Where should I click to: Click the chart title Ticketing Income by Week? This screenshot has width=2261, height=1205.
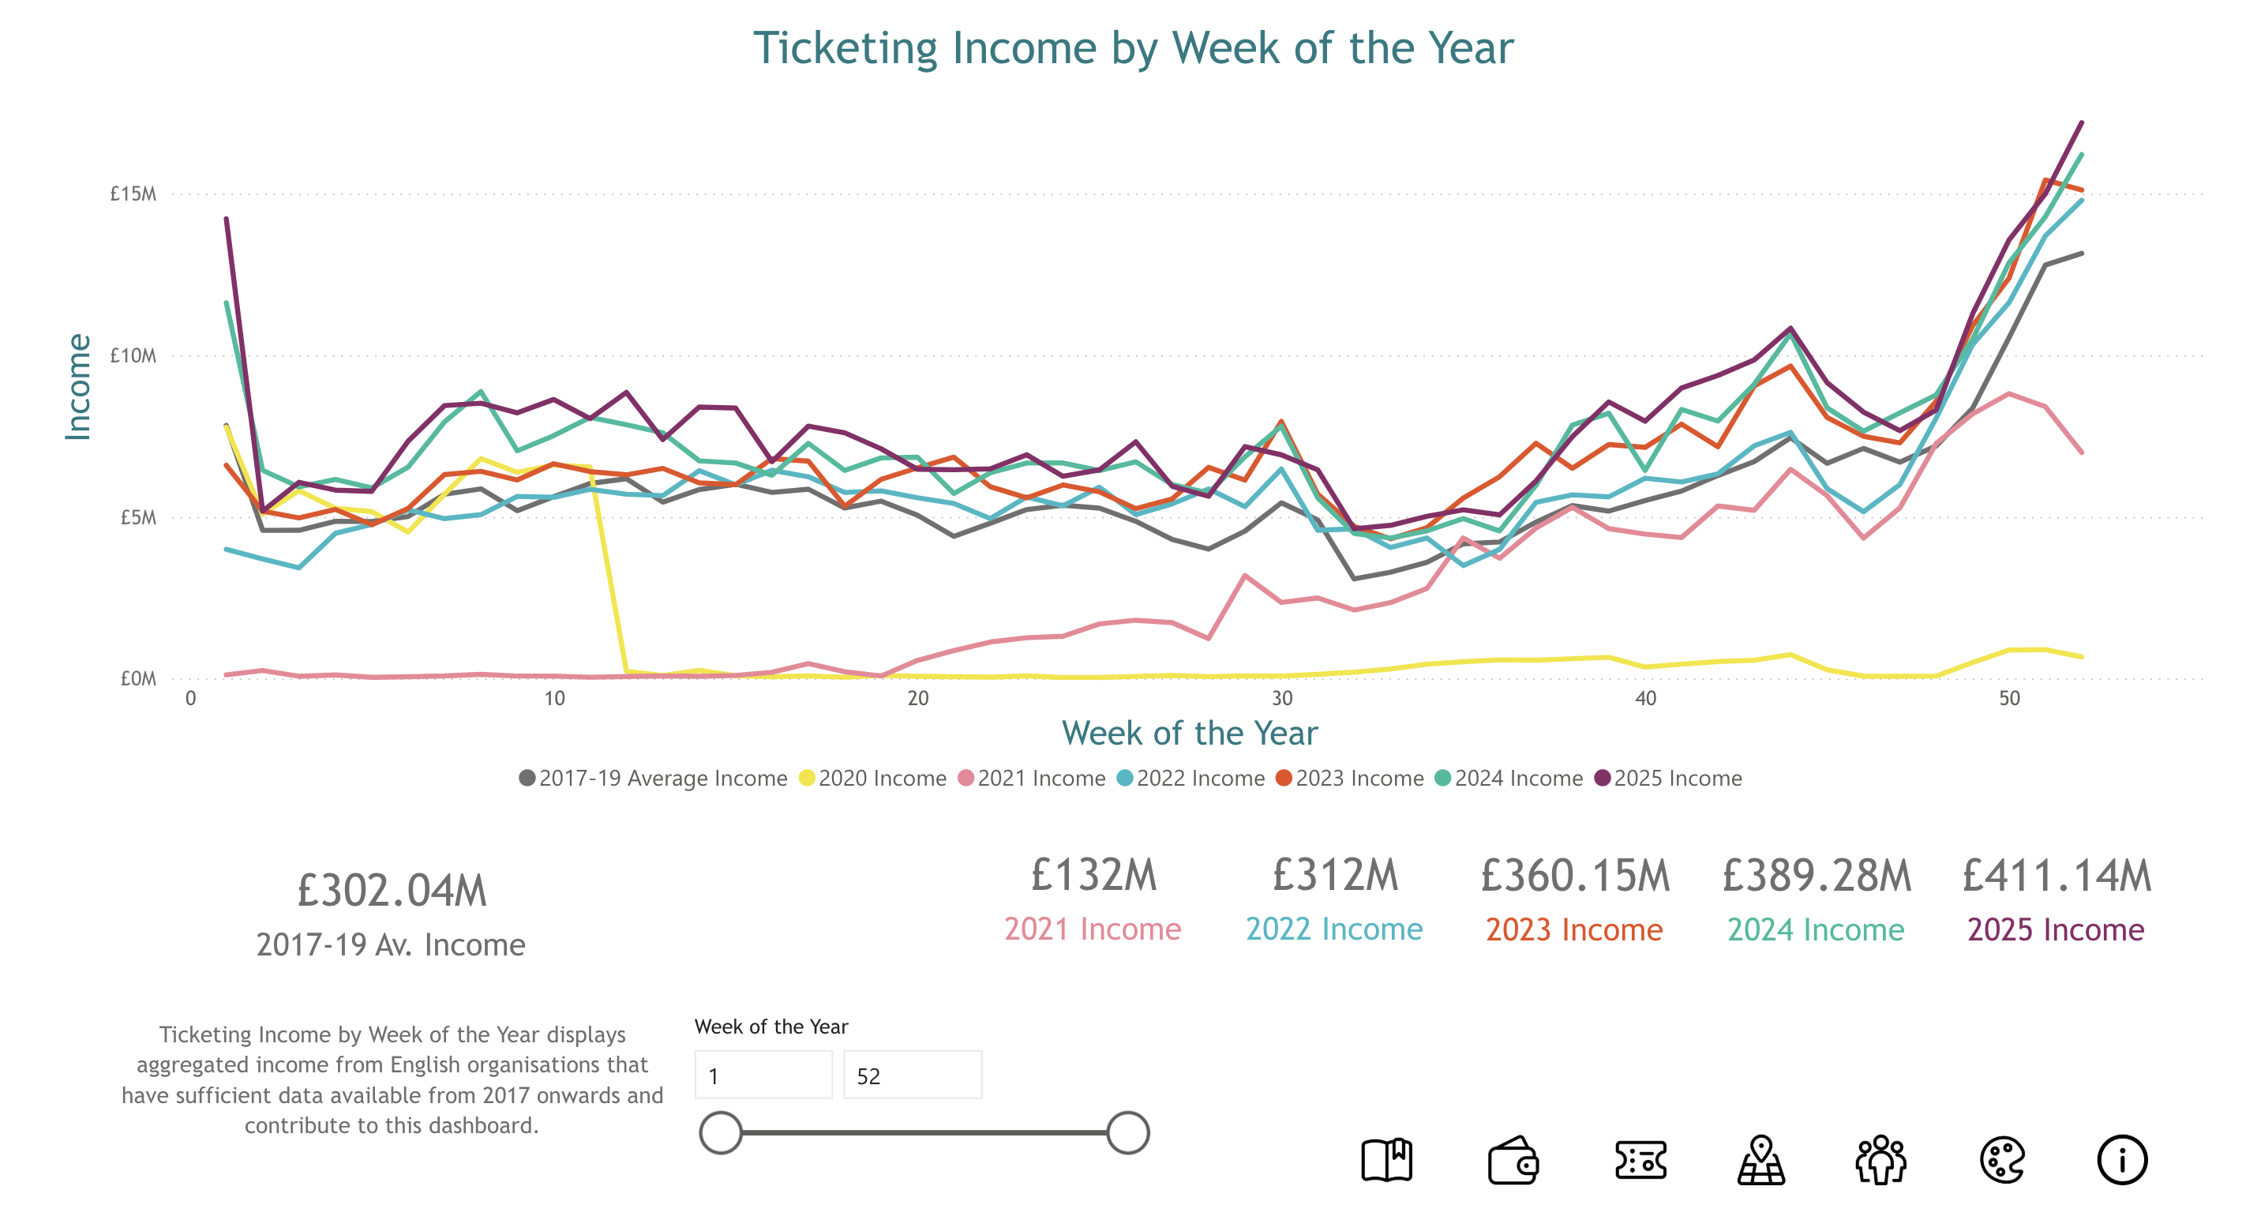pos(1133,48)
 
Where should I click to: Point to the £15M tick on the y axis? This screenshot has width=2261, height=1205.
pos(133,194)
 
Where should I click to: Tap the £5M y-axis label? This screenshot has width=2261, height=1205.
pos(138,518)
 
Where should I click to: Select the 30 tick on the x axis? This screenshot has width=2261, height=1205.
pos(1281,699)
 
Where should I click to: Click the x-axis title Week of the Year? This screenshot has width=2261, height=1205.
pos(1189,734)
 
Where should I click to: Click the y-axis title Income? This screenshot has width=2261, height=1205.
pos(78,386)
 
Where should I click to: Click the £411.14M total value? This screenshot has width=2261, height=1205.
pos(2056,876)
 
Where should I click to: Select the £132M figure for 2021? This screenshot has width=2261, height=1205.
pos(1093,876)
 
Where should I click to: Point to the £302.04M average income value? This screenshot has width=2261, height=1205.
pos(392,891)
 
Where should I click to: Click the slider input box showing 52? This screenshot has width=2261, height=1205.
pos(912,1075)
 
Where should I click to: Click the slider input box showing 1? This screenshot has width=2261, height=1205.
pos(763,1075)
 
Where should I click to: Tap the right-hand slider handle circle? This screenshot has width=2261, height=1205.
pos(1128,1133)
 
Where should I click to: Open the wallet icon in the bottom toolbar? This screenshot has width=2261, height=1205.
pos(1513,1160)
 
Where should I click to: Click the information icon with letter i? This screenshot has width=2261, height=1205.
pos(2121,1160)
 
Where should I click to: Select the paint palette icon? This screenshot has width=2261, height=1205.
pos(2001,1160)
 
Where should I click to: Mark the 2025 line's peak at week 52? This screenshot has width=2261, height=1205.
pos(2081,124)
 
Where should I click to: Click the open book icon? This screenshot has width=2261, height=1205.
pos(1386,1160)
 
